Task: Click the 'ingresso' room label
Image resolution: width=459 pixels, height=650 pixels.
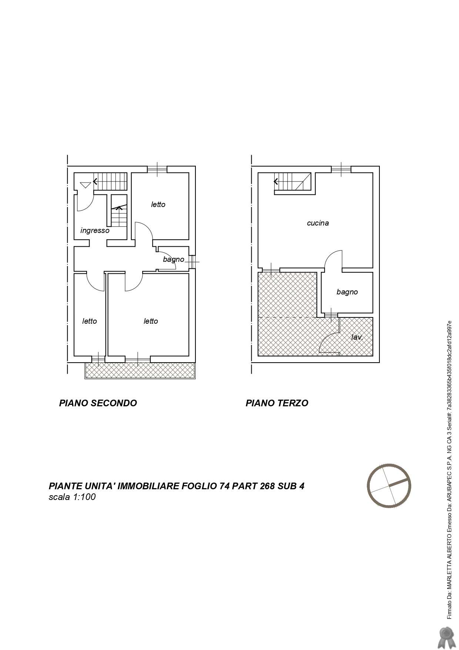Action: (95, 231)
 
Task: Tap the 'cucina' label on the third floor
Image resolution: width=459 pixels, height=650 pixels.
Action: (318, 223)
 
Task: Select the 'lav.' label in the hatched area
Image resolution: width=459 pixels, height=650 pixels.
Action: (357, 337)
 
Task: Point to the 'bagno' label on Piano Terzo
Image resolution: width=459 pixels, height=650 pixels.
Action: (347, 292)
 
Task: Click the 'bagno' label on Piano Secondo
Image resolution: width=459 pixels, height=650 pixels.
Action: (173, 260)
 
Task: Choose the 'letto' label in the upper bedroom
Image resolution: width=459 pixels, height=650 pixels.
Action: (158, 204)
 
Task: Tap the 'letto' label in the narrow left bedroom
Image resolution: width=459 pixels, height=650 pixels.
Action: (89, 321)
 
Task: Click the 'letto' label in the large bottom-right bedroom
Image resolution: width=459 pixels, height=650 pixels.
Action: (151, 321)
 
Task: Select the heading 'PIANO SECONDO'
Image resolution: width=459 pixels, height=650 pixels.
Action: (98, 403)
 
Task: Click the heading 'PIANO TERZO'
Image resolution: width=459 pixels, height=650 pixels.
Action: (277, 403)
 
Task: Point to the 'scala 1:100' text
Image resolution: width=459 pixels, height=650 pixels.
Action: (72, 497)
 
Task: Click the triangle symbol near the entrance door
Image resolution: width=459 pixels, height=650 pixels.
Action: (85, 185)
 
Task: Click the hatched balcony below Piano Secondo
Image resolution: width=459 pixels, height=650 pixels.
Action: (140, 370)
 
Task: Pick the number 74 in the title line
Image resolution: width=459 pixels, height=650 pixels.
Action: (224, 486)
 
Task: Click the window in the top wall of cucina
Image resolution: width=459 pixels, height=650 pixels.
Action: (341, 170)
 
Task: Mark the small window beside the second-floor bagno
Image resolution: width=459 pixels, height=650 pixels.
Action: (192, 262)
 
